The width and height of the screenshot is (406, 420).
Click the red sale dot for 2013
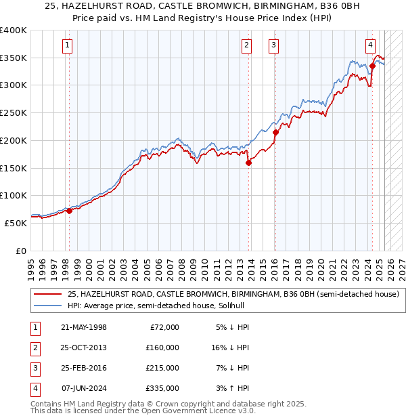248,163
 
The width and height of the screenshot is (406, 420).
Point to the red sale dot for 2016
275,133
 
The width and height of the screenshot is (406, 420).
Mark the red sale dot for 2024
372,66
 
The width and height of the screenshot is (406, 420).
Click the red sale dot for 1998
69,211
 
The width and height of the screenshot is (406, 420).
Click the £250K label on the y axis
14,112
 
